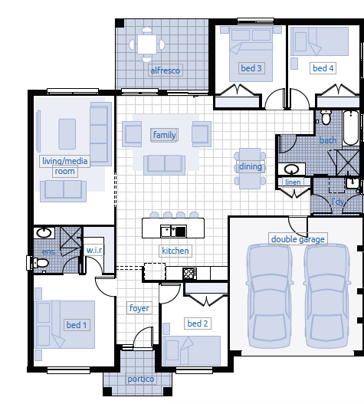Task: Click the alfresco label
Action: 166,71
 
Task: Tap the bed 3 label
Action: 251,68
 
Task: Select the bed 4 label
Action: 323,68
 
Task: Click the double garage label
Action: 298,239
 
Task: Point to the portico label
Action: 141,379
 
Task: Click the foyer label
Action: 139,308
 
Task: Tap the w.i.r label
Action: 94,250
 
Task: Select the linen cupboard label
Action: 293,182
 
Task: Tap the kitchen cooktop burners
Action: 189,274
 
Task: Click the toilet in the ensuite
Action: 38,263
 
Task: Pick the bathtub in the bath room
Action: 351,128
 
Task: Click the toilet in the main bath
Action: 326,118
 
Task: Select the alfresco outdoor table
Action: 147,44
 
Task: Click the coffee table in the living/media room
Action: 67,134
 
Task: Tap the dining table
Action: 250,169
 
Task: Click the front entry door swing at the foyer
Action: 143,337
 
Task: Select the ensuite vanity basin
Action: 44,232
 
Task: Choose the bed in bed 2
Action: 192,350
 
